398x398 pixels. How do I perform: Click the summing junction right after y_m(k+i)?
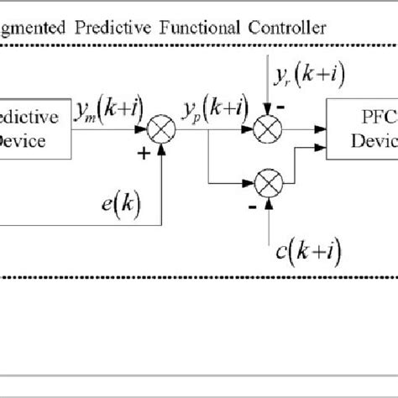pyautogui.click(x=161, y=130)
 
